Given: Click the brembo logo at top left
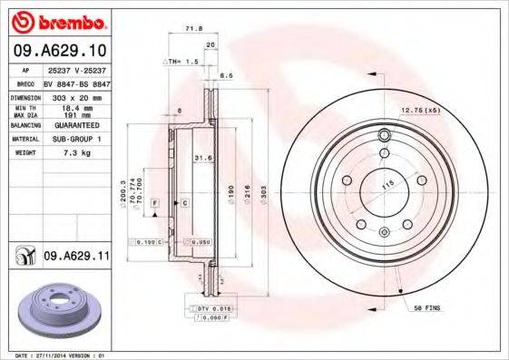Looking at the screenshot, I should tap(57, 21).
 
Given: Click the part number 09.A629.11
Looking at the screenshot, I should tap(73, 258).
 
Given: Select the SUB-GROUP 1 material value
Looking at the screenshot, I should tap(75, 140).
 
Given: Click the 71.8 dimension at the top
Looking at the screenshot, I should tap(191, 30).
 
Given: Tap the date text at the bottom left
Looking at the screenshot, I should tap(55, 355).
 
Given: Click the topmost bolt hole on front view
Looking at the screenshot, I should tap(384, 136).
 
